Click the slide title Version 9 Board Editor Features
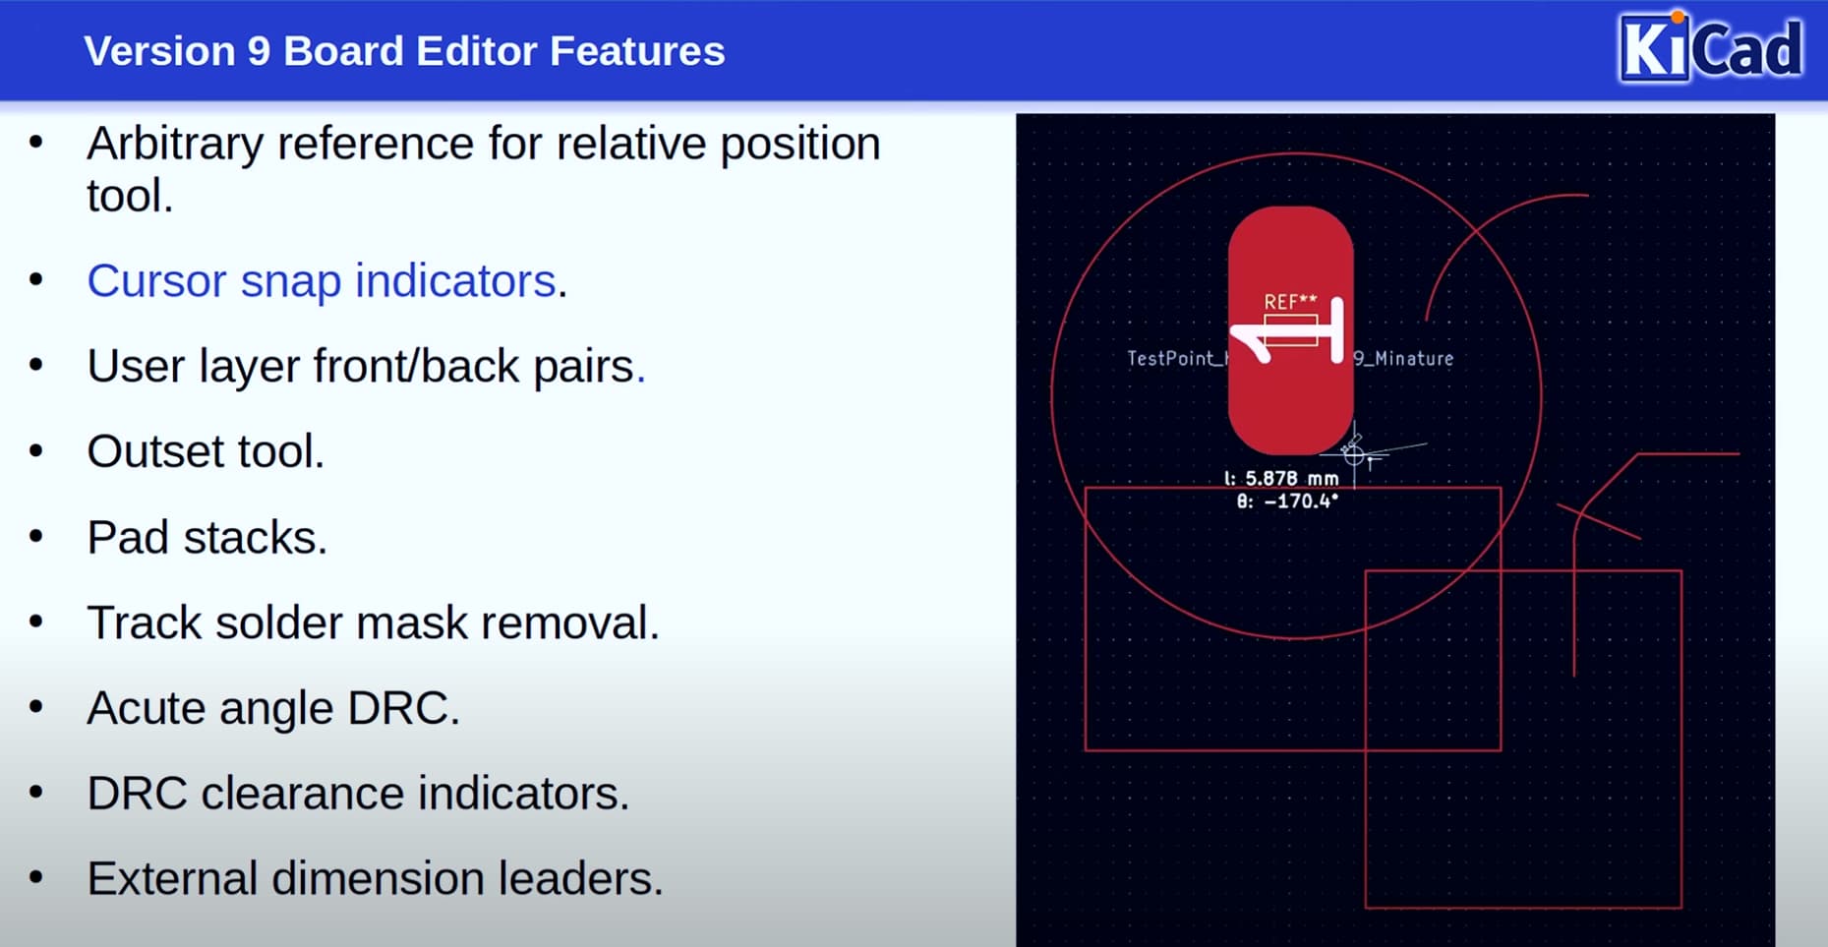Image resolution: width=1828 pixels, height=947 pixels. pos(404,51)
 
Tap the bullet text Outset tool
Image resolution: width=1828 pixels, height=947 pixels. pos(206,451)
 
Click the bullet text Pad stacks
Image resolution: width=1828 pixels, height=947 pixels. pos(206,537)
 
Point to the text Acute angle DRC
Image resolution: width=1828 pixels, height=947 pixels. pos(273,708)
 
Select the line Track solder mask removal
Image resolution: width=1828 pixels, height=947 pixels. pos(373,622)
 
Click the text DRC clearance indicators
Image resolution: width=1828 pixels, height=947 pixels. pos(358,793)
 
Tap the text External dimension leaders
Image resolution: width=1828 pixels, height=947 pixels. pos(375,878)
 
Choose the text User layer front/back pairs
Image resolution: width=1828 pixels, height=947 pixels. pos(366,366)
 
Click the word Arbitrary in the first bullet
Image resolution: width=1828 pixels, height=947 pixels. pos(175,145)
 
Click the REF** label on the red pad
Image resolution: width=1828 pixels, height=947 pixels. pos(1290,302)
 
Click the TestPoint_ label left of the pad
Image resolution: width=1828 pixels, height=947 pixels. pos(1176,359)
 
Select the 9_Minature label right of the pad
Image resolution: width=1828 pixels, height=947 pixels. pos(1403,359)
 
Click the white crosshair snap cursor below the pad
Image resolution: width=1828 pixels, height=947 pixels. pos(1355,454)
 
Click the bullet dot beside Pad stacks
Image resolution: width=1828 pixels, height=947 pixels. pos(36,537)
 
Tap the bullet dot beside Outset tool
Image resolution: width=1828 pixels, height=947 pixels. pos(36,451)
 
